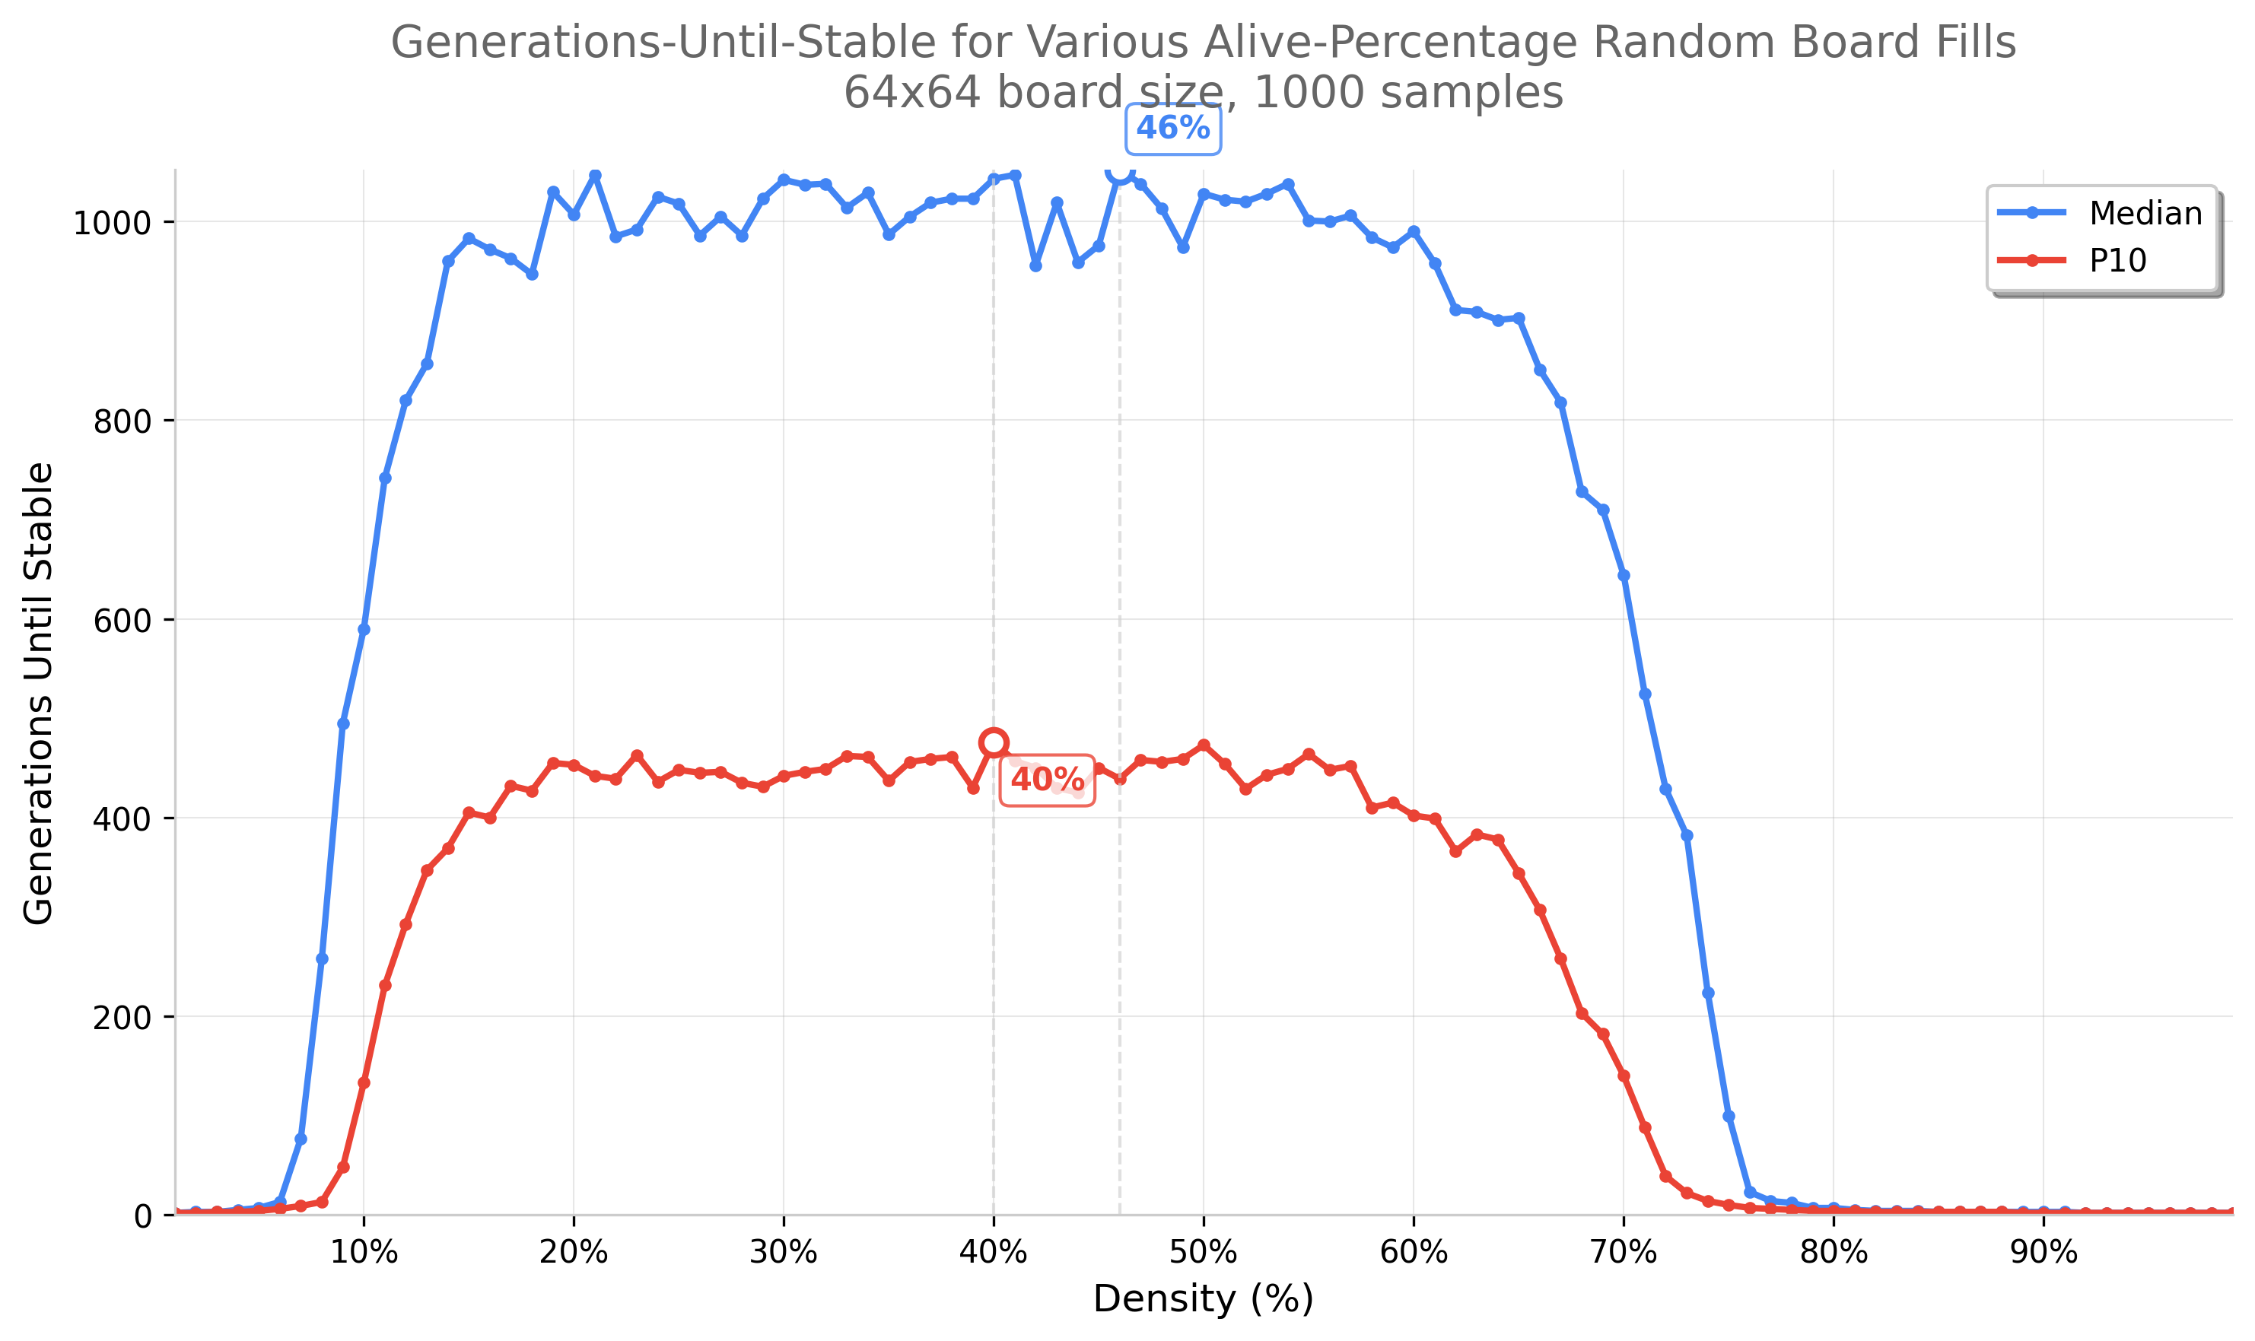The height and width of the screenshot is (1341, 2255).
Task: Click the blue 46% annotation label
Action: pos(1172,129)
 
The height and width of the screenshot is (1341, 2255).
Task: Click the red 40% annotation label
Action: pos(1047,780)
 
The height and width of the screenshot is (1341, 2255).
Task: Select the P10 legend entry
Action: pos(2117,260)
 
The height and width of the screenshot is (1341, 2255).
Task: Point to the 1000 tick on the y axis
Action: pos(111,223)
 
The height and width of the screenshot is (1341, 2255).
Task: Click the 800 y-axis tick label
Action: pos(121,421)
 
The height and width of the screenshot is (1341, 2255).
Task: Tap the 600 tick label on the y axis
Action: pos(121,620)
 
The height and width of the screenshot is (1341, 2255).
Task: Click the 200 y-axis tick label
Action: pos(121,1018)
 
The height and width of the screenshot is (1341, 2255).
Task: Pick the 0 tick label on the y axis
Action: pos(142,1216)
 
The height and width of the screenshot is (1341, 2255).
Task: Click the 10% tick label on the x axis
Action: pos(364,1253)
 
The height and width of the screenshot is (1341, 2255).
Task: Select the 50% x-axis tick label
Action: pos(1203,1253)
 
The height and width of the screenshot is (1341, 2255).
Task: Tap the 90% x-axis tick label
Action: pos(2043,1253)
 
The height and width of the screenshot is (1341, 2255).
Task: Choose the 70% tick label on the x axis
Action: pos(1624,1253)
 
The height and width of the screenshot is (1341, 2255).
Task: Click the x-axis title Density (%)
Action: pos(1203,1299)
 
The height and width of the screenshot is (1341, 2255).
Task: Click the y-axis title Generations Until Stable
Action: pos(38,693)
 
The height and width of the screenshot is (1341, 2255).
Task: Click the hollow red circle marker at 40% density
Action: pos(994,743)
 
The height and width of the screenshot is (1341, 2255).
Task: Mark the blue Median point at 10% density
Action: pos(364,629)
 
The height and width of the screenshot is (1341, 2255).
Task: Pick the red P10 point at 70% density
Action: pos(1624,1076)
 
